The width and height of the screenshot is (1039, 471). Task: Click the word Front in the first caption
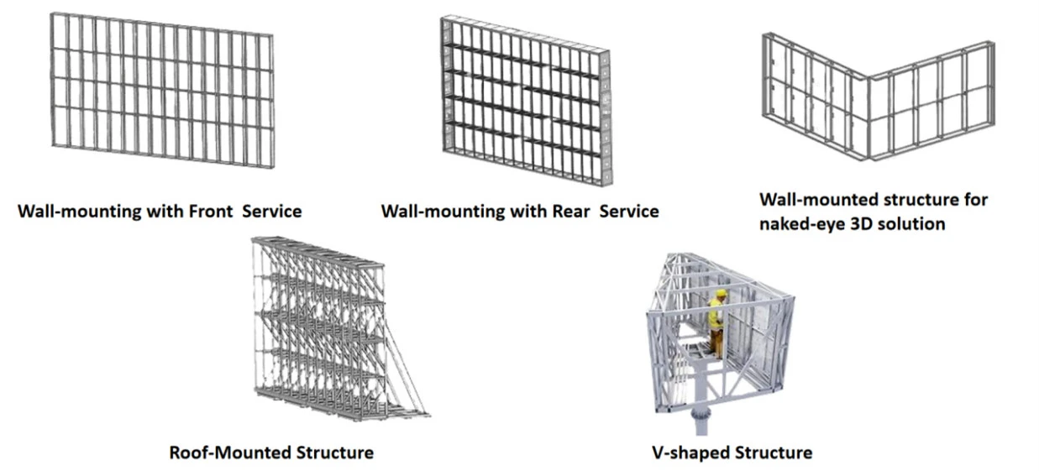coord(211,212)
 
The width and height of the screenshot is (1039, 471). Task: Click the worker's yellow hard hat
coord(721,293)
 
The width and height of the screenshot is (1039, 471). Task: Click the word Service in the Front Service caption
coord(272,212)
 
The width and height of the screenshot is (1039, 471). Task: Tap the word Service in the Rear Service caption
coord(629,212)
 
